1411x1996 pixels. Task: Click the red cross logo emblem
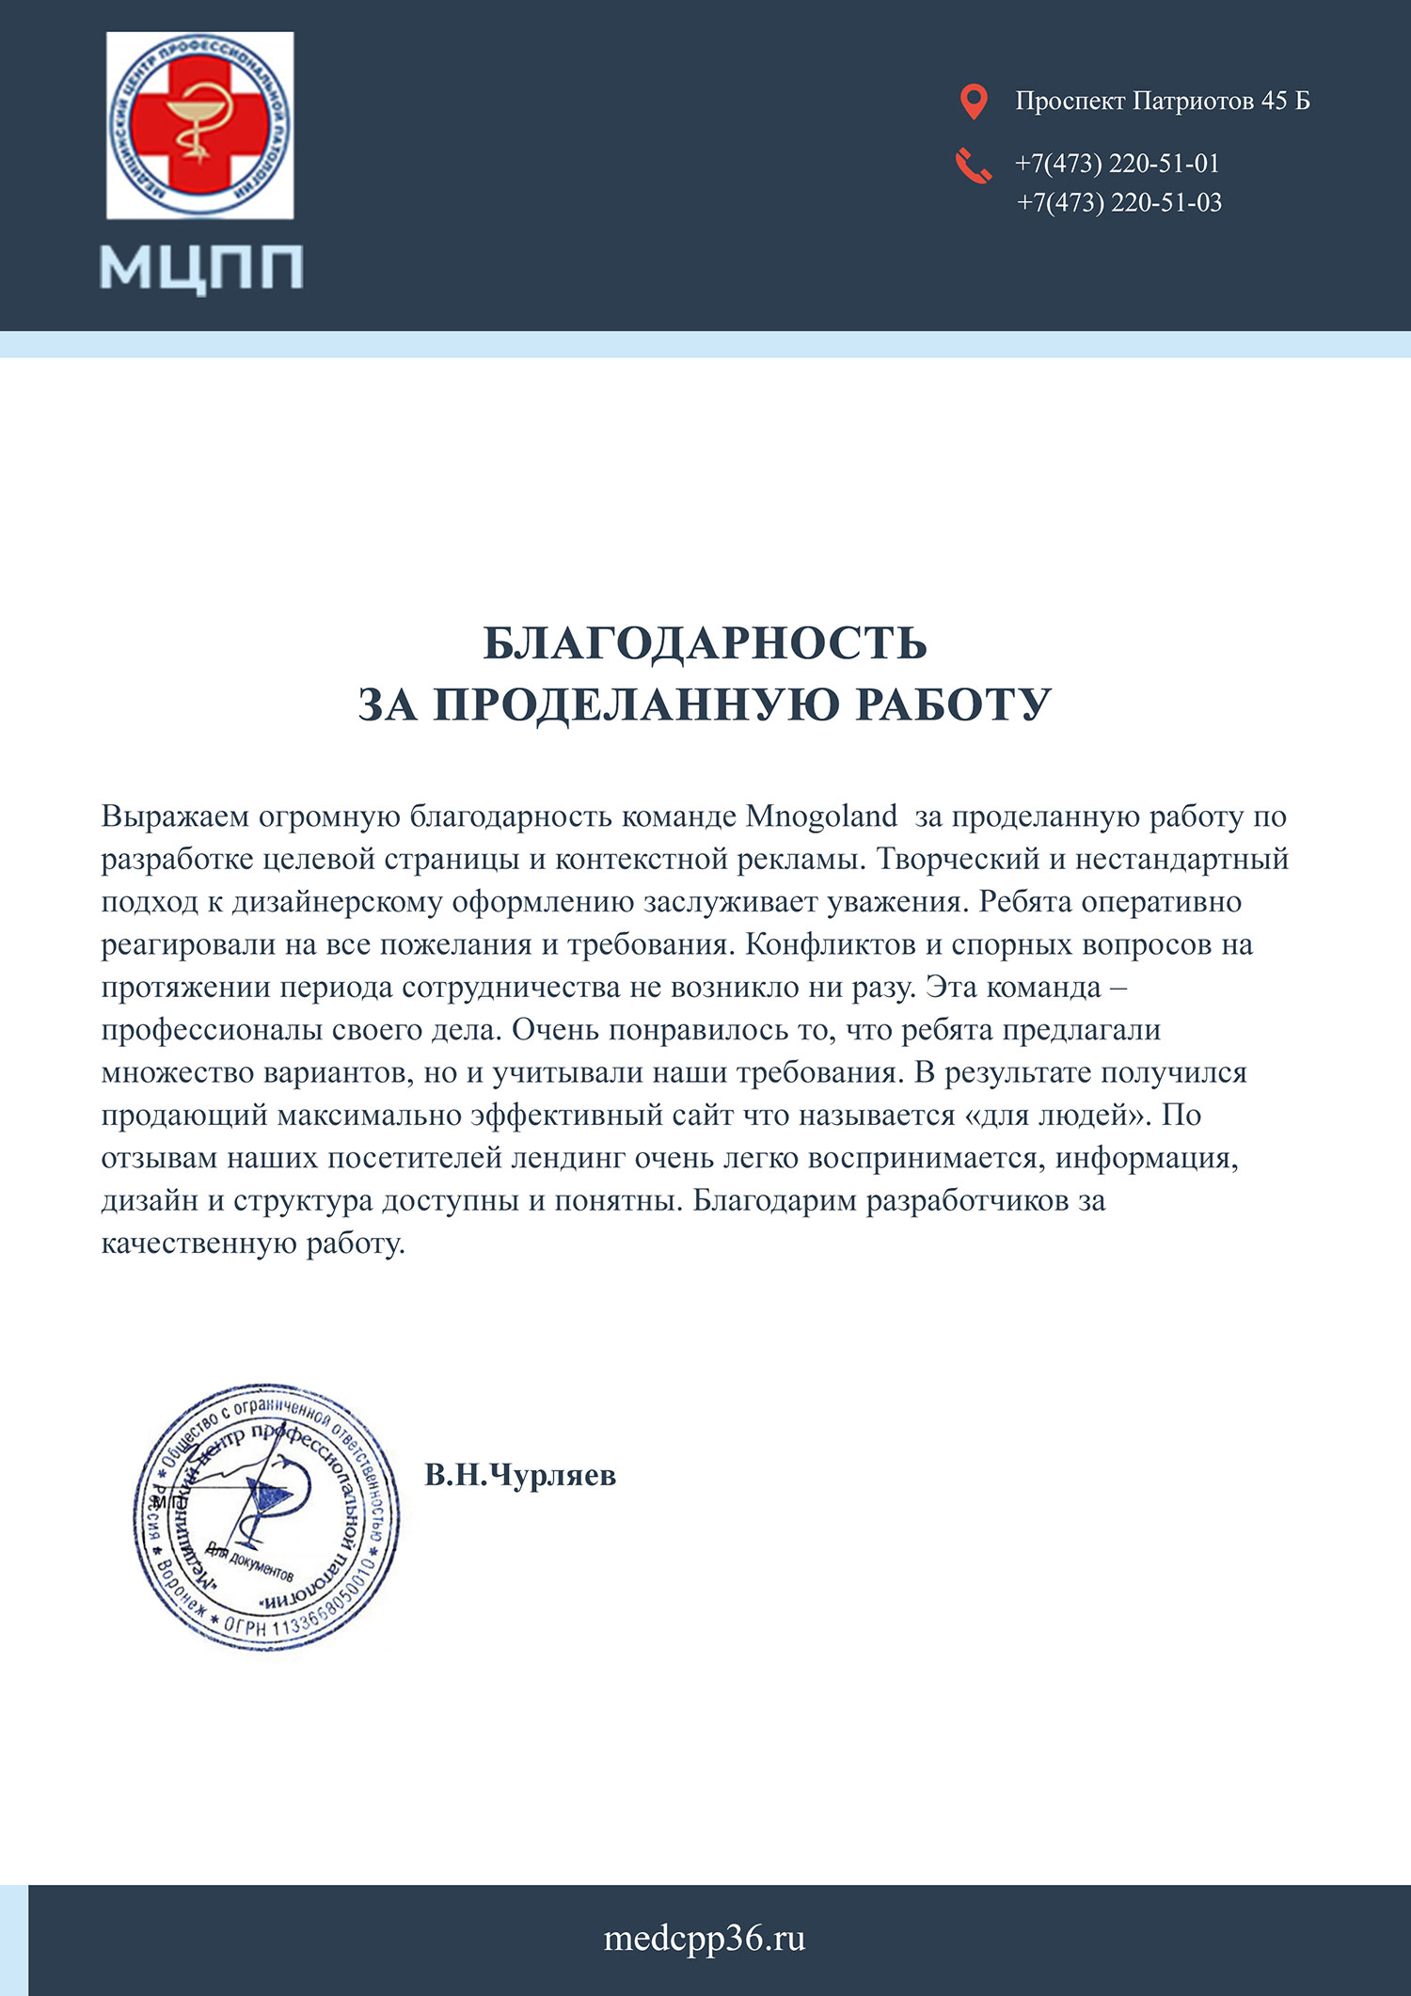(199, 125)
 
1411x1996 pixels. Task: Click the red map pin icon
(974, 102)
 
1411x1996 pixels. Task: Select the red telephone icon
(974, 166)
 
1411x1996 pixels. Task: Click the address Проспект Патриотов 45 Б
(1162, 101)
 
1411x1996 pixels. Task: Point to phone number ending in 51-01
(1117, 164)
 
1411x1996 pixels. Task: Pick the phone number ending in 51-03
(1118, 202)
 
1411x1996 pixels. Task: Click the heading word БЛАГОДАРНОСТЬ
(705, 643)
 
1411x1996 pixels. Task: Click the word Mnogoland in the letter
(821, 816)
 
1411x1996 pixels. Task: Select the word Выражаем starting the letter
(175, 816)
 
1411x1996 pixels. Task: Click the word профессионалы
(212, 1030)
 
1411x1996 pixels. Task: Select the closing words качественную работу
(252, 1244)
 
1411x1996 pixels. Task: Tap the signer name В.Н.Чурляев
(520, 1475)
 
